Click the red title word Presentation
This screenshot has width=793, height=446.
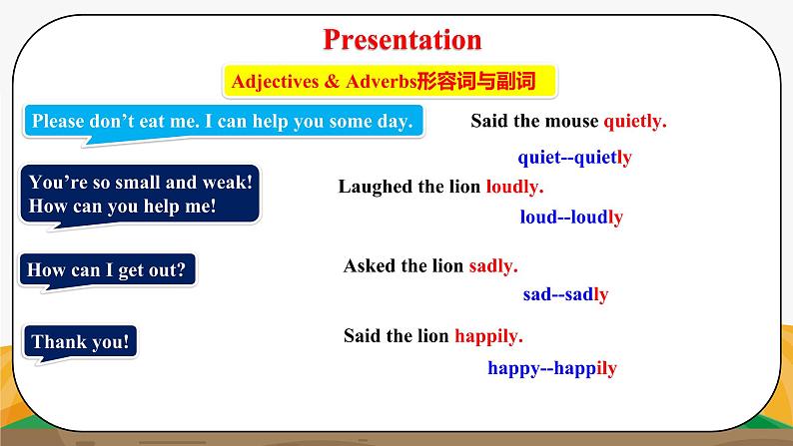(x=402, y=40)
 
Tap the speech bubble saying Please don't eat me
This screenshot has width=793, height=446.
(x=222, y=122)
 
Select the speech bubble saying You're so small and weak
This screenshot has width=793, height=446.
(x=141, y=195)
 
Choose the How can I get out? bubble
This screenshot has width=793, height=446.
(x=107, y=269)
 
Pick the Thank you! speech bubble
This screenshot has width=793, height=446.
(x=80, y=342)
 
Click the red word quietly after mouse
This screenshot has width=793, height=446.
(x=635, y=122)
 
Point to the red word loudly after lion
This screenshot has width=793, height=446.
(x=514, y=187)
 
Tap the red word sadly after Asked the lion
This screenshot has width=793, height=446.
(x=493, y=266)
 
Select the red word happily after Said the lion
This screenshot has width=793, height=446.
(x=489, y=336)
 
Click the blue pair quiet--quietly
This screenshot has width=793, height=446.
(x=574, y=158)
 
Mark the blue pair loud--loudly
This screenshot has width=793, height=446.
(x=571, y=218)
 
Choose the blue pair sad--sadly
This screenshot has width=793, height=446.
(x=565, y=295)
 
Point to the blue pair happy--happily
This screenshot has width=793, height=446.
(x=552, y=368)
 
